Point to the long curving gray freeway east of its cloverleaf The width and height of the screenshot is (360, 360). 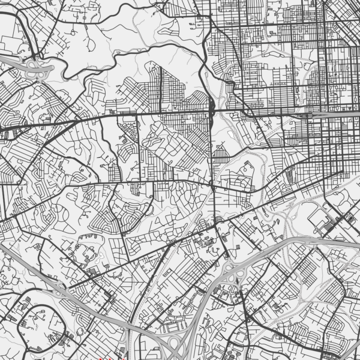[300, 240]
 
